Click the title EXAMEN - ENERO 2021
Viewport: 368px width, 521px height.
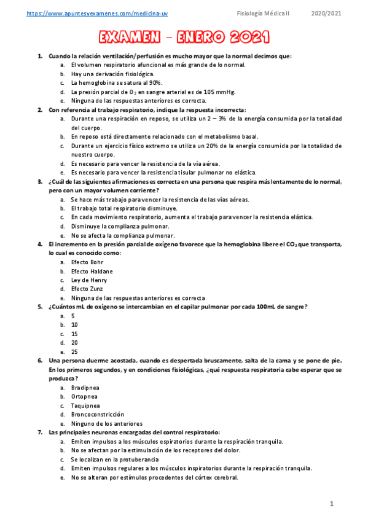[x=184, y=39]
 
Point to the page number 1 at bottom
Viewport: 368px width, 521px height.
[x=332, y=504]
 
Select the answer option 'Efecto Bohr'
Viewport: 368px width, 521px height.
[x=83, y=262]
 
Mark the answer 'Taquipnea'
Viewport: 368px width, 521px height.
[x=85, y=405]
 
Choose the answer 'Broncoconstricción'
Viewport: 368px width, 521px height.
[x=97, y=415]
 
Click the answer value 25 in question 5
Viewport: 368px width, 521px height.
[x=74, y=351]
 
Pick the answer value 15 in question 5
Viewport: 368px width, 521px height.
[x=74, y=334]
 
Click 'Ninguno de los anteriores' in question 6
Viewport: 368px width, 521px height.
[x=107, y=423]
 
